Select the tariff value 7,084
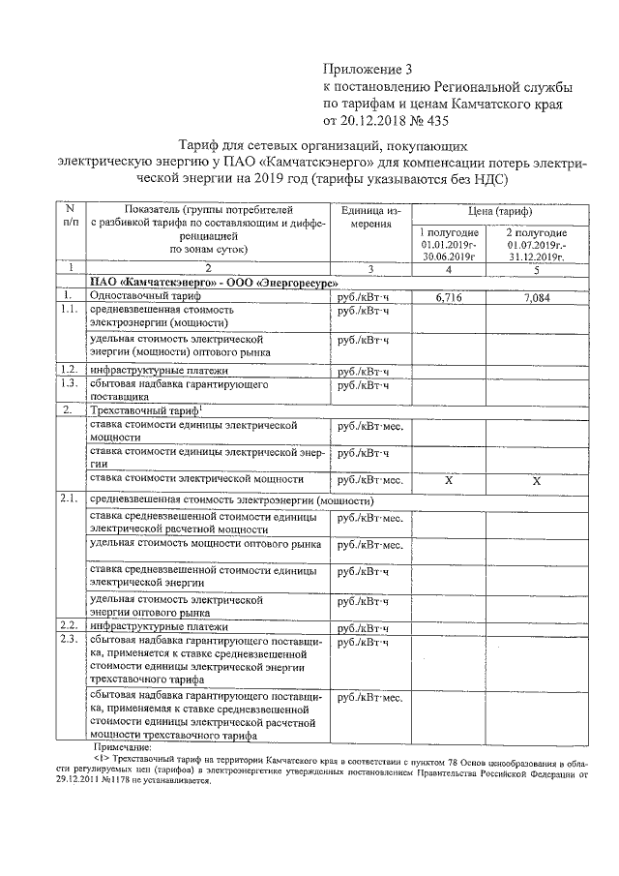(x=535, y=298)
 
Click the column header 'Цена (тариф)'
(x=490, y=211)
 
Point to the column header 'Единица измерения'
(x=369, y=217)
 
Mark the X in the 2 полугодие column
(x=536, y=481)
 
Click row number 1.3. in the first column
(x=68, y=383)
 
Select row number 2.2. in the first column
(x=68, y=625)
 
